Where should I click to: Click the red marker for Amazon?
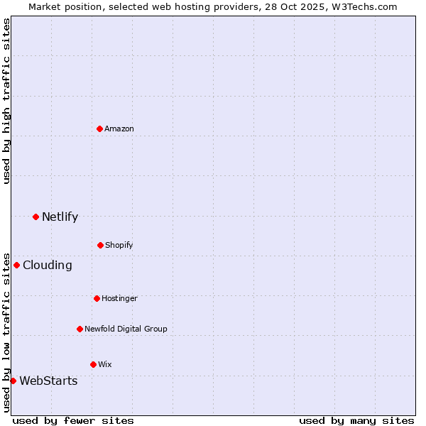[x=100, y=129]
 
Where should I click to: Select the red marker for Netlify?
[x=35, y=217]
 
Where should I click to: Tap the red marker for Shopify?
[x=100, y=245]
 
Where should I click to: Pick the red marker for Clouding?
[x=16, y=265]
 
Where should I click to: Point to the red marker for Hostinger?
[x=97, y=298]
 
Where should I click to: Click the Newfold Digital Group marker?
[x=80, y=329]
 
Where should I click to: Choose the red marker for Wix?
[x=93, y=364]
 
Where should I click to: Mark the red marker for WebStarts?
[x=13, y=381]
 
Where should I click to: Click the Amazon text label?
[x=119, y=129]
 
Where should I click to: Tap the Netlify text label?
[x=60, y=217]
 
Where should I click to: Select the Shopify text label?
[x=119, y=245]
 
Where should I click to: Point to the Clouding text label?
[x=48, y=265]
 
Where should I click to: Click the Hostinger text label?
[x=119, y=298]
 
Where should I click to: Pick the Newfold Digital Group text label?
[x=126, y=329]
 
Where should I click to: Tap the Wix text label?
[x=105, y=364]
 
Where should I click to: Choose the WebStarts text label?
[x=48, y=381]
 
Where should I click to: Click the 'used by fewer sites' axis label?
[x=73, y=420]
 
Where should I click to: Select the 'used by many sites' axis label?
[x=356, y=420]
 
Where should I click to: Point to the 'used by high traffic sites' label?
[x=6, y=101]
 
